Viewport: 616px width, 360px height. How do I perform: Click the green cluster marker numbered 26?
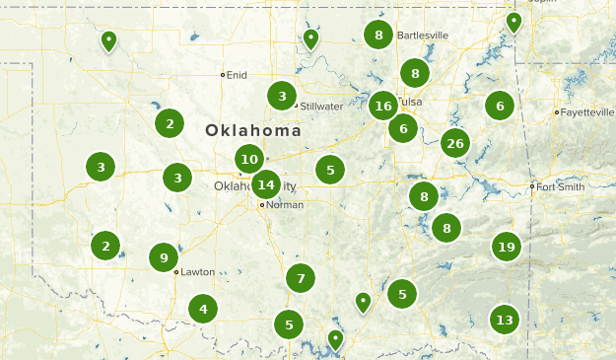[x=454, y=144]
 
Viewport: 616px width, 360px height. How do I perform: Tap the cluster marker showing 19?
[x=507, y=247]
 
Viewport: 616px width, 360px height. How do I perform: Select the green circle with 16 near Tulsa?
[x=383, y=106]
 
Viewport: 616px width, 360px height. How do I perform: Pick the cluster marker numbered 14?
[x=265, y=183]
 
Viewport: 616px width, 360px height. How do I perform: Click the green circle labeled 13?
[x=505, y=320]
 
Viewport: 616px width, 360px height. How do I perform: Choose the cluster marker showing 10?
[x=249, y=159]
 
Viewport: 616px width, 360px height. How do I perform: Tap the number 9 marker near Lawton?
[x=164, y=258]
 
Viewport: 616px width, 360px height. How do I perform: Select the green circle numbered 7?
[x=301, y=278]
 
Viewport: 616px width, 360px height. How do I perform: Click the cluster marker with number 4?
[x=203, y=310]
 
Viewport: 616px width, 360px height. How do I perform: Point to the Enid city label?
[x=237, y=75]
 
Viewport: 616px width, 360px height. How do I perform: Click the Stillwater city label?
[x=322, y=106]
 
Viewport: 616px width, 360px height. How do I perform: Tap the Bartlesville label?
[x=423, y=36]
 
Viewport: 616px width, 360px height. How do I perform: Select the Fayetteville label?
[x=588, y=112]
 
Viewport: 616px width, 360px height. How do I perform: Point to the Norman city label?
[x=285, y=205]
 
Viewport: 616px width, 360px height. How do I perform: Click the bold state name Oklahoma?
[x=253, y=130]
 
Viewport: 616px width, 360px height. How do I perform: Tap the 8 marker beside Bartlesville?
[x=378, y=36]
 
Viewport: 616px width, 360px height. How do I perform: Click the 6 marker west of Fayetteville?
[x=500, y=106]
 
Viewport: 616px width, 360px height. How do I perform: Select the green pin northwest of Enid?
[x=108, y=40]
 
